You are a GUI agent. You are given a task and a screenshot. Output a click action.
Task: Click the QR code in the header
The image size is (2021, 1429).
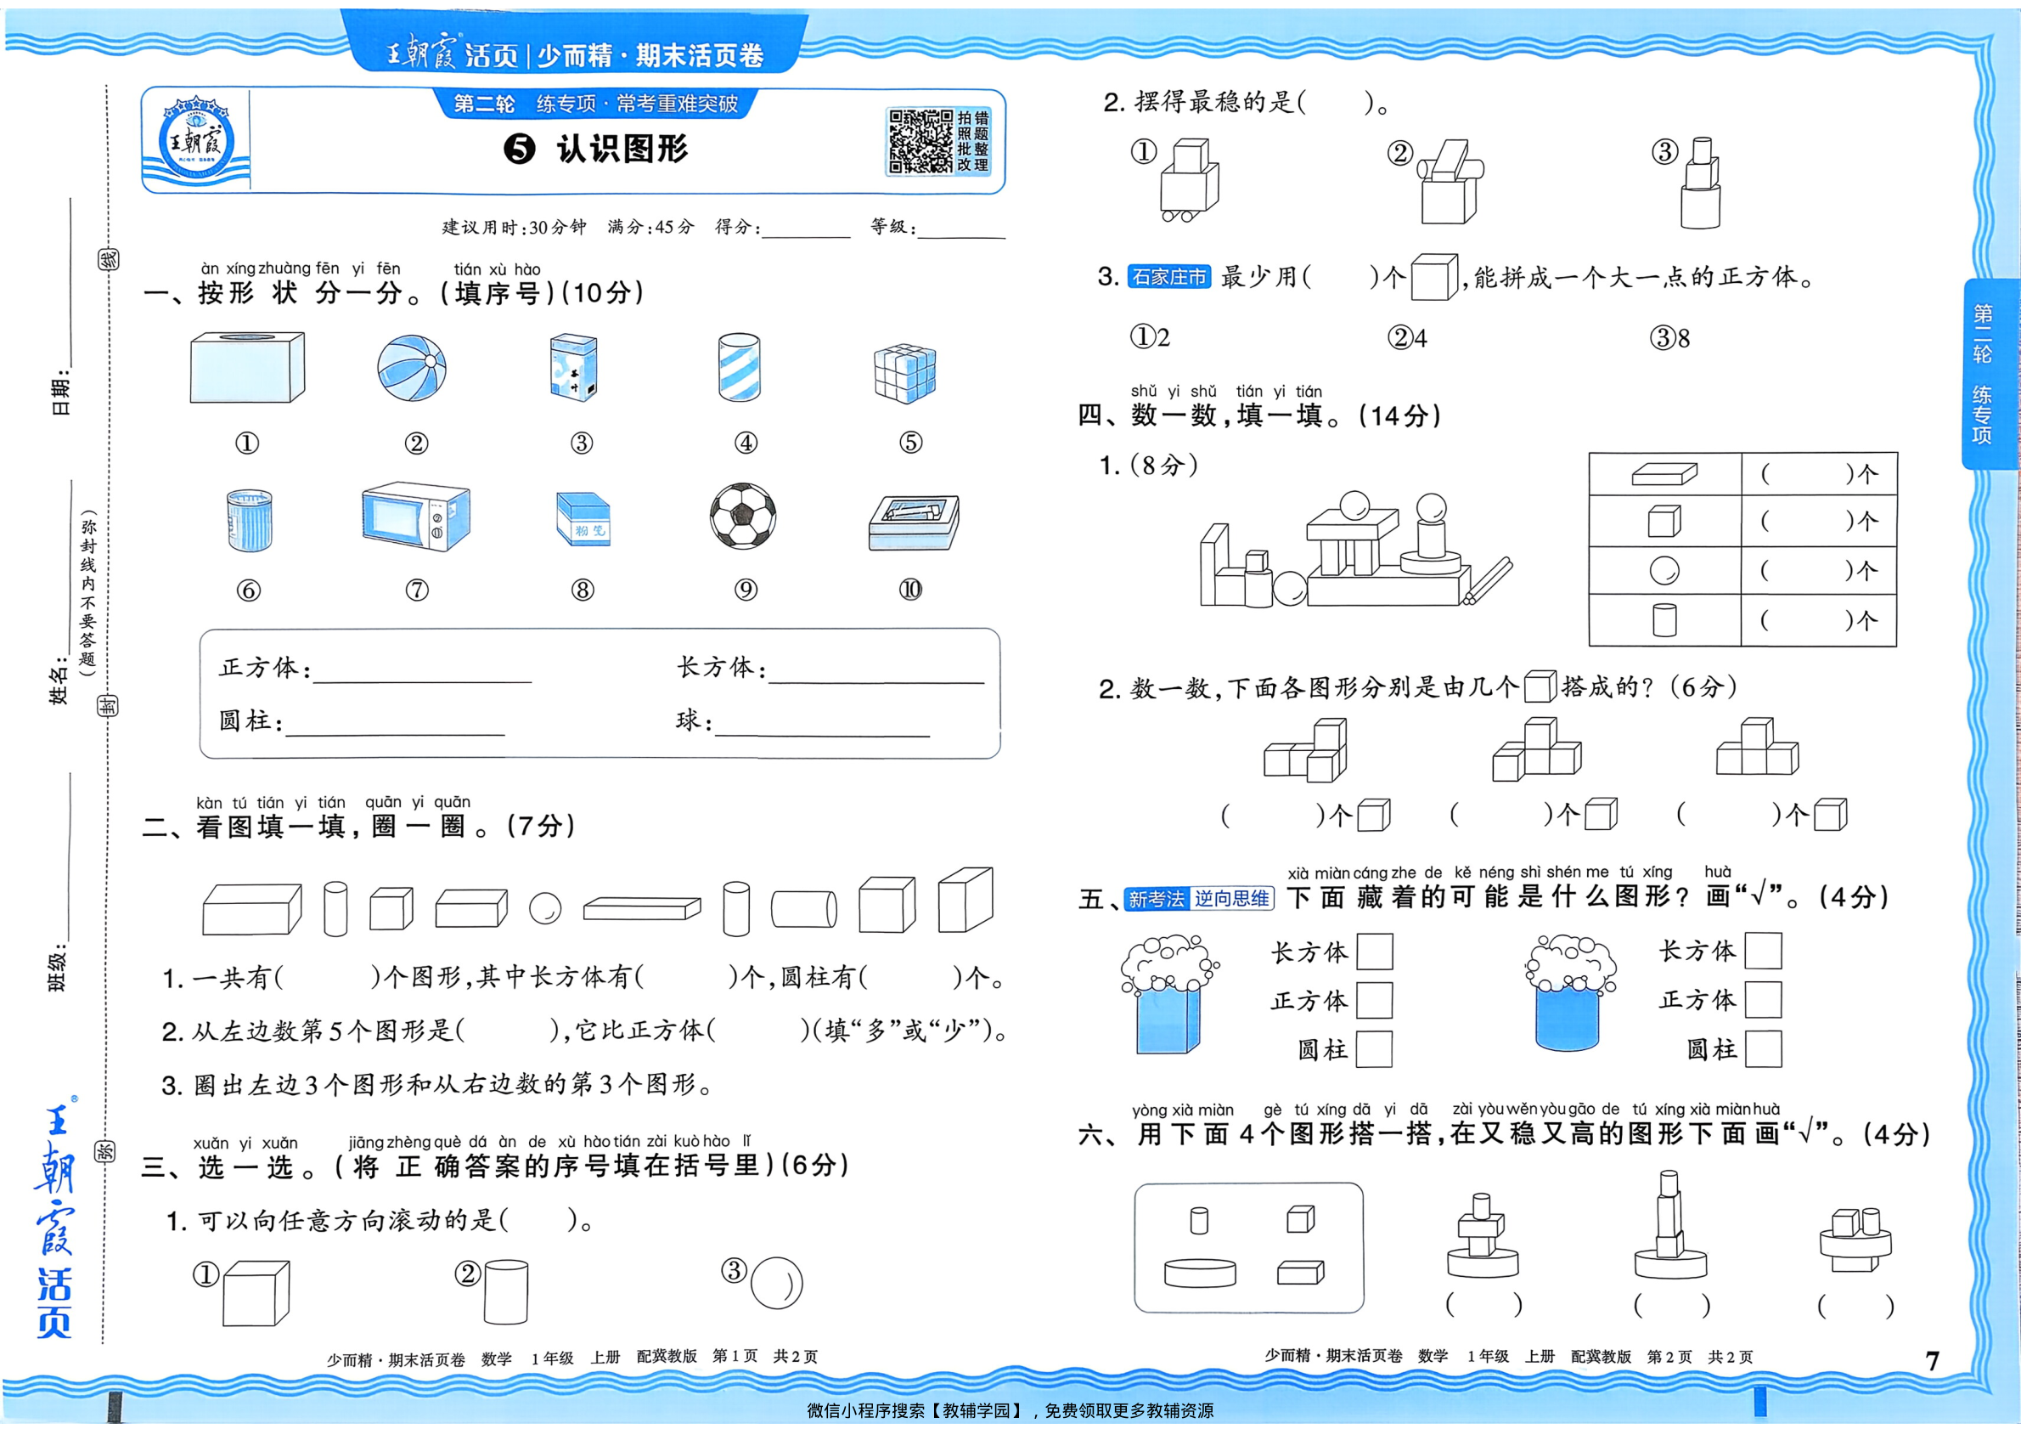920,141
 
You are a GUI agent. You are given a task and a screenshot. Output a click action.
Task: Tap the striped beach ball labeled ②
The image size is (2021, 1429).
411,368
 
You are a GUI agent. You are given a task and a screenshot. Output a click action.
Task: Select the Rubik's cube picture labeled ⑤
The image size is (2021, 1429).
905,374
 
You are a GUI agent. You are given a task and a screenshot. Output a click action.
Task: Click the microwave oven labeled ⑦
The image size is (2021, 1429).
416,517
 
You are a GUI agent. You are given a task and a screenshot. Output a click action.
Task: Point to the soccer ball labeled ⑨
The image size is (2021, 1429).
744,515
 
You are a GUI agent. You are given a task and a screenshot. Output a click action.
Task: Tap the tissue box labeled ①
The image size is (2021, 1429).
247,367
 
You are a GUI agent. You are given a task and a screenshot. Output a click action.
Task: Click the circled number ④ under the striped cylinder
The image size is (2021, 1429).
746,443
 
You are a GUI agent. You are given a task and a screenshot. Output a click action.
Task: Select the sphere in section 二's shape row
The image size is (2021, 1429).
545,907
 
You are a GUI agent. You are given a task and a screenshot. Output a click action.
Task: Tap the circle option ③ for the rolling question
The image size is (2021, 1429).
776,1283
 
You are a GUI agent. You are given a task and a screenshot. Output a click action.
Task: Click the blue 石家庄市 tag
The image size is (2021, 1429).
1169,276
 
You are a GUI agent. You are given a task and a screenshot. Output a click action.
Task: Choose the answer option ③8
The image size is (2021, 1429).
1669,338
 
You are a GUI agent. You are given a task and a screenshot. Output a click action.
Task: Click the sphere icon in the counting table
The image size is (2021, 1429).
1664,571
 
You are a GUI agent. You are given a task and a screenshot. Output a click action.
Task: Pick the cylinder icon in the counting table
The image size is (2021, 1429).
1664,620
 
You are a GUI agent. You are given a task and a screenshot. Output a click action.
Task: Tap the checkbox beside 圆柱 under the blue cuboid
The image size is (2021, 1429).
1374,1049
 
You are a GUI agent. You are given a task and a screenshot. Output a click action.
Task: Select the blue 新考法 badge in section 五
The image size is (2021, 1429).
1157,899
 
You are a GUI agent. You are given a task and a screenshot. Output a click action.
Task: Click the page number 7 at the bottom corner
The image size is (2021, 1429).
1932,1361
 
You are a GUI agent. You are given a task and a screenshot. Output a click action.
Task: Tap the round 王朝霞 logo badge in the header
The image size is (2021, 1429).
194,141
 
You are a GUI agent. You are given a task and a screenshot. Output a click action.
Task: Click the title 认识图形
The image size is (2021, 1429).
622,149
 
